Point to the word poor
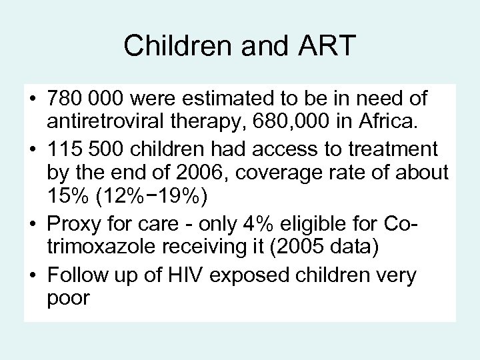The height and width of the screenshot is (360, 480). click(x=68, y=299)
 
